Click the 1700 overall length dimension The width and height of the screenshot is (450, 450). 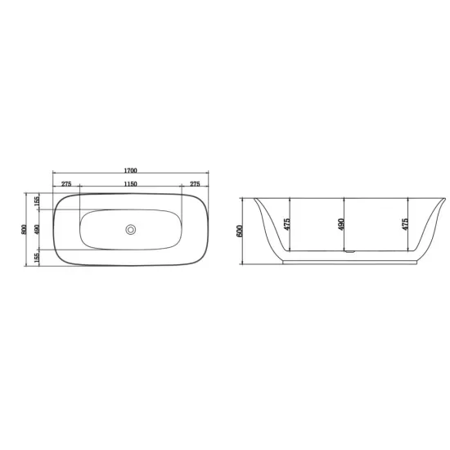131,170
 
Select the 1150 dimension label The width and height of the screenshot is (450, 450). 131,184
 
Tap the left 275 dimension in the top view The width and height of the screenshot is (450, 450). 66,184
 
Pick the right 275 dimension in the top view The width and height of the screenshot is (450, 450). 195,184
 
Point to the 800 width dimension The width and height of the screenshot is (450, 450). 24,229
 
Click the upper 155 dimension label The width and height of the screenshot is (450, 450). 37,201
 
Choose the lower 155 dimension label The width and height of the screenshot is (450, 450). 37,258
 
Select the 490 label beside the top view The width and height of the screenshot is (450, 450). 37,229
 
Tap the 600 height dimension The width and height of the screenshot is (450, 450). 240,231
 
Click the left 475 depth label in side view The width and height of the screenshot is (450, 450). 286,224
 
